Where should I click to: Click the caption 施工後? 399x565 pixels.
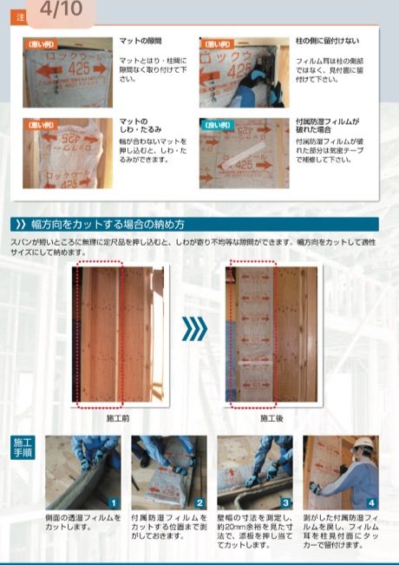point(271,417)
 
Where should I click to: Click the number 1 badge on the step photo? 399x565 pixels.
point(113,502)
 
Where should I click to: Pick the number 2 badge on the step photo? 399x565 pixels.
point(199,502)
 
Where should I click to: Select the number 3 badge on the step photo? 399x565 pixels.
point(285,502)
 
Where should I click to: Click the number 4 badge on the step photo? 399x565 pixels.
point(370,502)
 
